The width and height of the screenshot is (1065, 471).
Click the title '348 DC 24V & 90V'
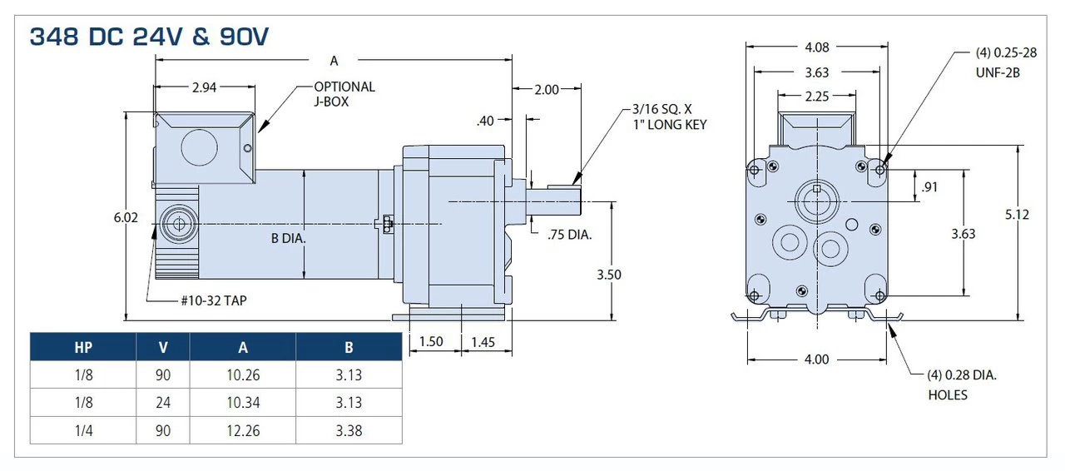[x=149, y=37]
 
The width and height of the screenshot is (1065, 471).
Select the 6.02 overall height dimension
[x=126, y=217]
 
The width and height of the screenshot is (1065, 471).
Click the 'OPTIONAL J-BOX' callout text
[x=344, y=94]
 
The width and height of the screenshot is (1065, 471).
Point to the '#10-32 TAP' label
[x=213, y=301]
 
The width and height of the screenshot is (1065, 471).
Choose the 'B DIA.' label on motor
[x=289, y=239]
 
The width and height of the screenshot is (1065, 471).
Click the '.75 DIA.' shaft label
[x=570, y=235]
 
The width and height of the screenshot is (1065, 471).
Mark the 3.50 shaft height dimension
[x=611, y=275]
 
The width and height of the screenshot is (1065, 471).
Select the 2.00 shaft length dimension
[x=546, y=90]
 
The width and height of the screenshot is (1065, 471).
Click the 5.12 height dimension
[x=1017, y=215]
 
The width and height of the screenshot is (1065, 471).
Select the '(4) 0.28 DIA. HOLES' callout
[x=961, y=384]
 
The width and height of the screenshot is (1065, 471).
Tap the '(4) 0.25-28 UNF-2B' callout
[x=1006, y=62]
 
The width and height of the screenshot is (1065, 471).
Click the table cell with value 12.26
[x=242, y=430]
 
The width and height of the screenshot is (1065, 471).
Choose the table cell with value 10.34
[x=242, y=403]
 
